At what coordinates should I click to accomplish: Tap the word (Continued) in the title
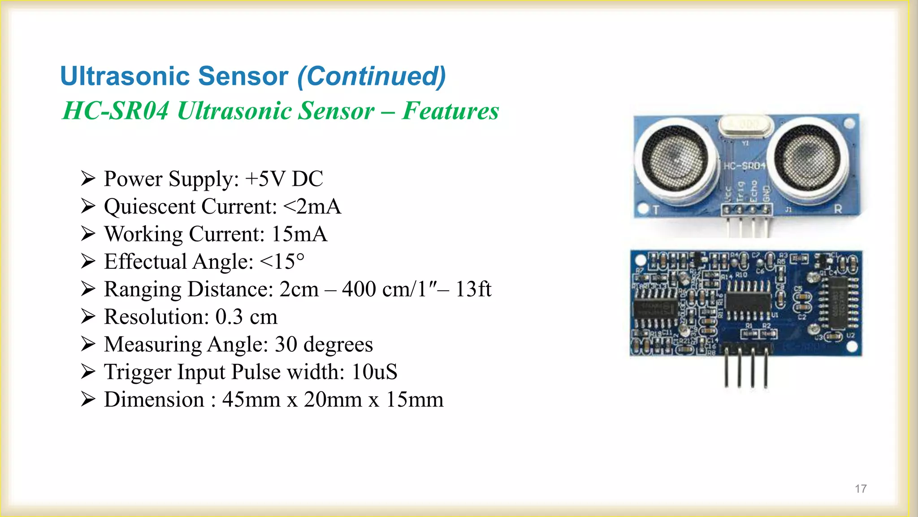[x=372, y=76]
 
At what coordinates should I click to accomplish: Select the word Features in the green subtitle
[x=450, y=111]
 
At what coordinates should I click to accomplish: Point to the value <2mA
[x=312, y=206]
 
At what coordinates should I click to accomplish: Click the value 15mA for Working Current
[x=299, y=234]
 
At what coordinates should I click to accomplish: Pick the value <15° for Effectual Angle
[x=282, y=262]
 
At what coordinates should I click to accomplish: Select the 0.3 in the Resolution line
[x=229, y=317]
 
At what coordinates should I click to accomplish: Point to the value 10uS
[x=374, y=372]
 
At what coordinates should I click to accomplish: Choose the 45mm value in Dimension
[x=251, y=400]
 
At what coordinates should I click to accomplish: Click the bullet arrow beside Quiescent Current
[x=88, y=206]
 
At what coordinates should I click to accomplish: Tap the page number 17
[x=861, y=489]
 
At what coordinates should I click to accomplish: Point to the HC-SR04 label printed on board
[x=745, y=166]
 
